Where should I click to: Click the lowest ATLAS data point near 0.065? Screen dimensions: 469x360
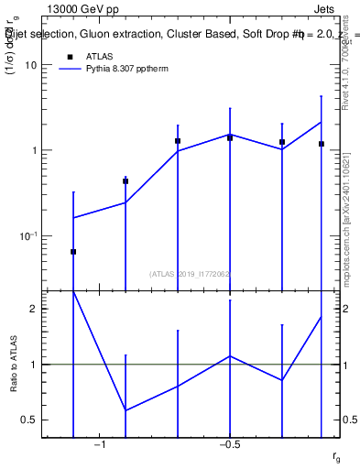73,251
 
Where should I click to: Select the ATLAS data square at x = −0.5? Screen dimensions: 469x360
230,137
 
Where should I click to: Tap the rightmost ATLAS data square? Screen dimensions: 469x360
322,144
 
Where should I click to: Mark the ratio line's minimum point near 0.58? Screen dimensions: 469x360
125,410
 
